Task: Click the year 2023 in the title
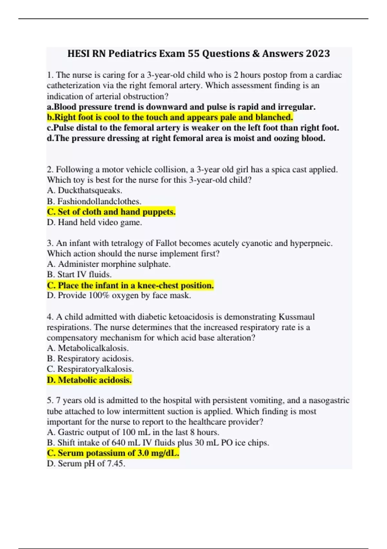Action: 318,54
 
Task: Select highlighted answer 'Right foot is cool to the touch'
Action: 170,117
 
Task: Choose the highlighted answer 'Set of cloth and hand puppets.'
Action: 111,212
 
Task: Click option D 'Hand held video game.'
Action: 94,223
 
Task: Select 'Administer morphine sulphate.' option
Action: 109,264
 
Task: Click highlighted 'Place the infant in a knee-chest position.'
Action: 130,285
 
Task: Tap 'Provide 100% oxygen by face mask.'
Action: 119,295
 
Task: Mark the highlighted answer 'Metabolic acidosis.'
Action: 89,380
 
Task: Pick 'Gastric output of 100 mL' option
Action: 133,432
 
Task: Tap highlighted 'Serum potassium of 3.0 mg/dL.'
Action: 113,453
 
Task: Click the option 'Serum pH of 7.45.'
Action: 86,464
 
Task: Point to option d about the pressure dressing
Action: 186,138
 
